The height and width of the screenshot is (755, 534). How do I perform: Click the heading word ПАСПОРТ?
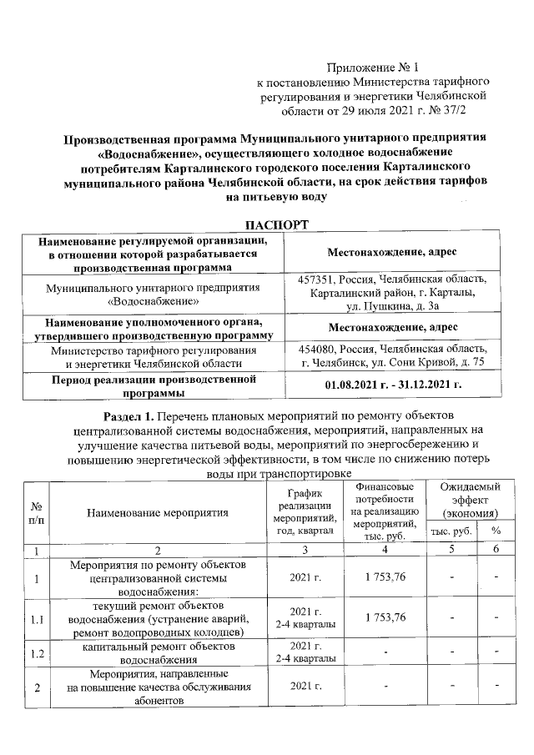pos(275,225)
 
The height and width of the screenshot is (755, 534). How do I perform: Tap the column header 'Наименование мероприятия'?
pos(158,512)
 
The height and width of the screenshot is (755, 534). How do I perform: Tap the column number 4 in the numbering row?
pos(385,550)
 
